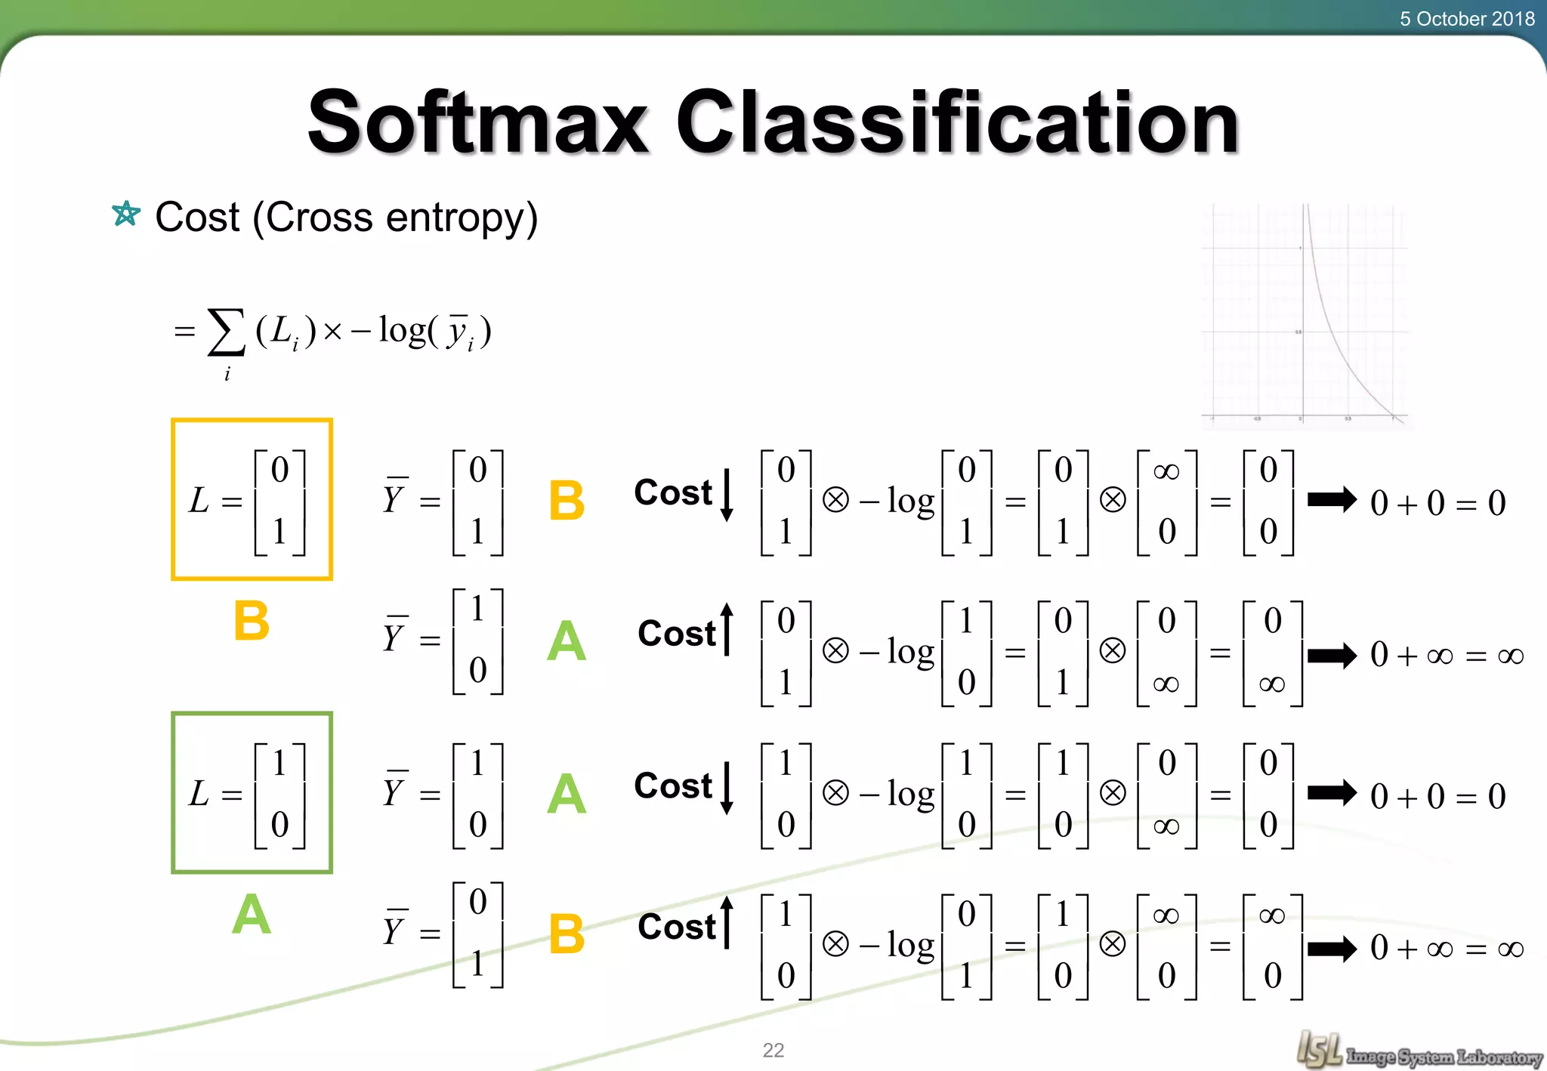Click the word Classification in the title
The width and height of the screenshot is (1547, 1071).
pos(957,122)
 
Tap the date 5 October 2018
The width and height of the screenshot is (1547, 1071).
pos(1466,18)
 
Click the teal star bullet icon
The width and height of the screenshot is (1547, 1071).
pos(126,215)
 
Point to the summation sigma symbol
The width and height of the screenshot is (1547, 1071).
pos(227,332)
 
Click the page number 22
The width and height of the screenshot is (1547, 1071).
pos(773,1050)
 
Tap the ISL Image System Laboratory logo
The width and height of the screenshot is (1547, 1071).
pos(1419,1051)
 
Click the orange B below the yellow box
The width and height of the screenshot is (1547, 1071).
pos(252,621)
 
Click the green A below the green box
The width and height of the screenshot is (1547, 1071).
pos(252,915)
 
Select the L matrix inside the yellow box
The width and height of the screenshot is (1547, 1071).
pos(252,500)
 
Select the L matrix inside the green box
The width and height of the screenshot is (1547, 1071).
pos(252,793)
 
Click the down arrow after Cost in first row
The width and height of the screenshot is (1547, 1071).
pos(727,495)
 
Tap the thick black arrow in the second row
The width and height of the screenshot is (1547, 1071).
pos(1332,655)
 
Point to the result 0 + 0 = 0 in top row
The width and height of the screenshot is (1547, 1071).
pos(1437,503)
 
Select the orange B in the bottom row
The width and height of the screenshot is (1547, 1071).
pos(567,934)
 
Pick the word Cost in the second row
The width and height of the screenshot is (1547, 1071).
pos(676,633)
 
